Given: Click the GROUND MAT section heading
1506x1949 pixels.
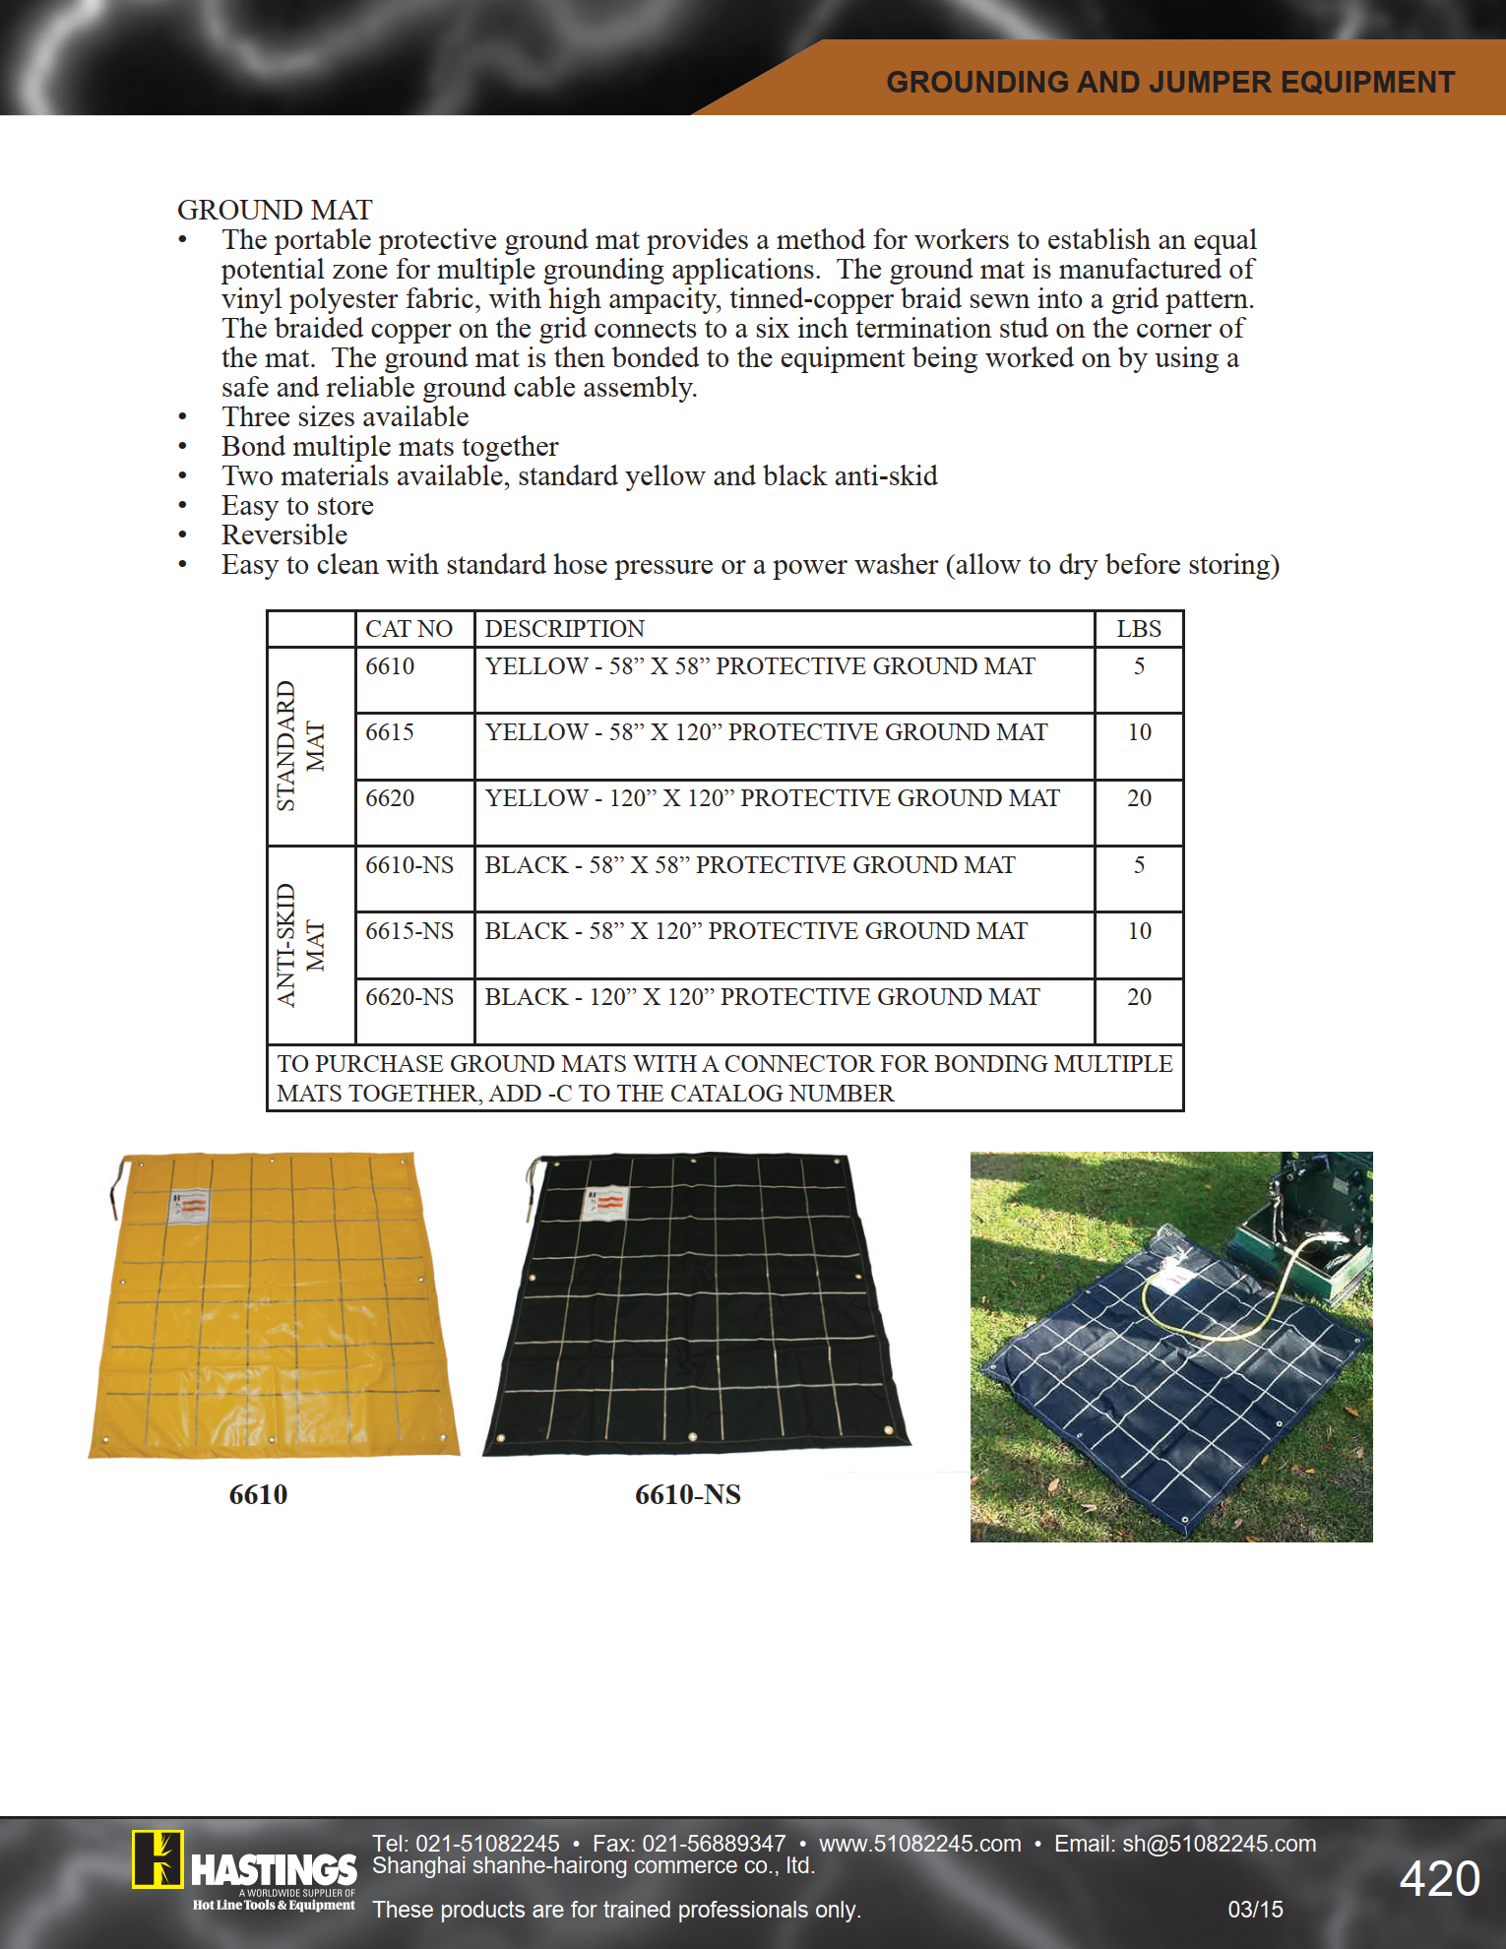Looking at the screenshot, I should (275, 210).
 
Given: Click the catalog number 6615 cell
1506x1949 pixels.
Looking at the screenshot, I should (390, 732).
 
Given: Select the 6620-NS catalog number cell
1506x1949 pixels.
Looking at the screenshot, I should (409, 997).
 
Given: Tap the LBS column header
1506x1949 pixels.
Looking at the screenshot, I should (1139, 629).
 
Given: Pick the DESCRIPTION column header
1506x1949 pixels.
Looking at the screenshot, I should (564, 629).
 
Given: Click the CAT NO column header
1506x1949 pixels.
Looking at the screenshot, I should (408, 629).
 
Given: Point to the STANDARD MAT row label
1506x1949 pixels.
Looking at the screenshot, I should (300, 746).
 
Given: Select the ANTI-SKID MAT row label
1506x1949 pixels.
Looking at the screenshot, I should (300, 945).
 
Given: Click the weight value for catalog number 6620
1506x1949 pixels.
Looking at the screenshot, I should (1139, 798).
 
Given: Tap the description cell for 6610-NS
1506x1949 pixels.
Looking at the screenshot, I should (749, 865).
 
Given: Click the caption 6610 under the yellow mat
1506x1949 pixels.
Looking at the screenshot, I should (258, 1494).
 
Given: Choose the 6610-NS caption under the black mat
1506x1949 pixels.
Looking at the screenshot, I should (687, 1494).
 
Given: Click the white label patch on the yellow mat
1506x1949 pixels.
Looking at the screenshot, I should (189, 1206).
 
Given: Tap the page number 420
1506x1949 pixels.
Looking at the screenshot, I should (1439, 1879).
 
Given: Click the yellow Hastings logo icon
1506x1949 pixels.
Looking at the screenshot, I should (157, 1858).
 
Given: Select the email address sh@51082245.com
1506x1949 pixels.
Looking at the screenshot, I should (1219, 1844).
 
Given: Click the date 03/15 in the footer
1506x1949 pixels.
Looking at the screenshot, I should (1255, 1910).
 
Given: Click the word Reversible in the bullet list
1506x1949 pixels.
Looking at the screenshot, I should (284, 535).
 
